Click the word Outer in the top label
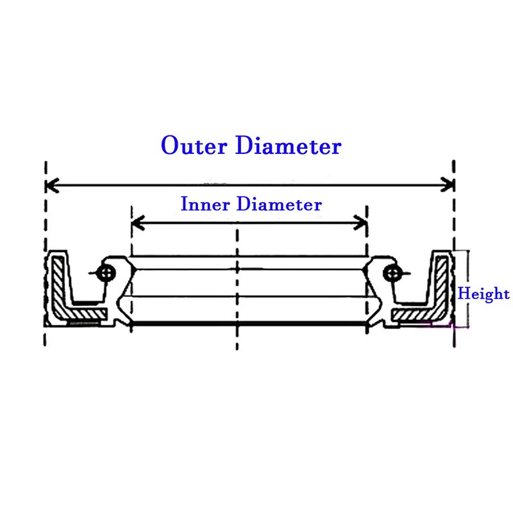(194, 145)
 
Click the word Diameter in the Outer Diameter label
(289, 145)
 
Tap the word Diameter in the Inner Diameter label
(279, 204)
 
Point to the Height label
(484, 294)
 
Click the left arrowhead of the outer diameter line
(52, 185)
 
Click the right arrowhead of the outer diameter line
(448, 185)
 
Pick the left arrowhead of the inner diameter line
(138, 223)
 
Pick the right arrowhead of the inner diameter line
(360, 223)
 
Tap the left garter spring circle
(106, 273)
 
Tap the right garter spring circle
(392, 273)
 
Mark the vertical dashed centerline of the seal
(237, 290)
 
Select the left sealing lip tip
(134, 269)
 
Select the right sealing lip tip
(364, 269)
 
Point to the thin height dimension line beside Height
(468, 289)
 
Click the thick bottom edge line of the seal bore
(249, 324)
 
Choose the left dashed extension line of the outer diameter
(46, 253)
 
